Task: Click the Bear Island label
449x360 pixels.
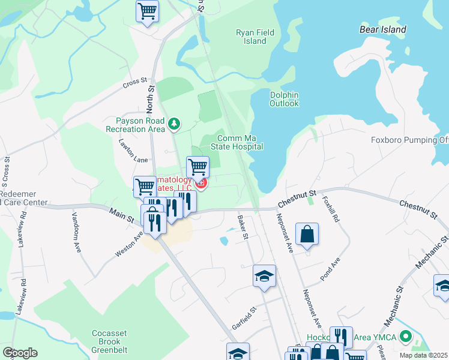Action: [382, 29]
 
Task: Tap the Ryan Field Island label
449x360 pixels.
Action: [251, 37]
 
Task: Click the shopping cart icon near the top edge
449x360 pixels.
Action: [147, 11]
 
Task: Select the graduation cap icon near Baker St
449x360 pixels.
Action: [264, 277]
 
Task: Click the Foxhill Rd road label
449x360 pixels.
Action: [331, 209]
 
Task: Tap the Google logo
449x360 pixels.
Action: [20, 352]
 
